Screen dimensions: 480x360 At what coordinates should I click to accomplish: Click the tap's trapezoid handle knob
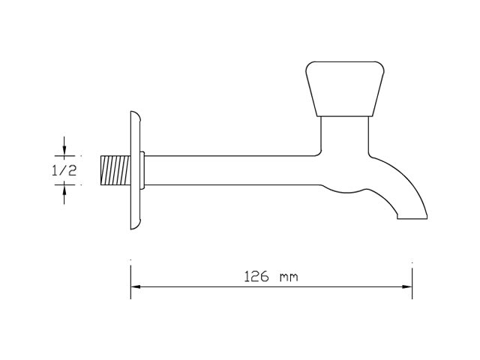point(345,88)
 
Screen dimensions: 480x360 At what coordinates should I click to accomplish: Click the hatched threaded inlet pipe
point(115,170)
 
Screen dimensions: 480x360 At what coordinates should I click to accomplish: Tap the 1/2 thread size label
point(64,170)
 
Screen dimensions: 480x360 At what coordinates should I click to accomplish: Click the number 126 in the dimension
point(256,277)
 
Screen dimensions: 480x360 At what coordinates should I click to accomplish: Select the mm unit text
point(289,277)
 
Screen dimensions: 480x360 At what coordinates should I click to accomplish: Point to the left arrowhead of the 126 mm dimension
point(136,286)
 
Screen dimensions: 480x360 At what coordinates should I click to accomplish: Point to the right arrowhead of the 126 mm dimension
point(407,286)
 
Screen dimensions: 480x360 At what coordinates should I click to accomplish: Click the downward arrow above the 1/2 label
point(64,145)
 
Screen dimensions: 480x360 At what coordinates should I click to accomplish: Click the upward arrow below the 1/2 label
point(64,195)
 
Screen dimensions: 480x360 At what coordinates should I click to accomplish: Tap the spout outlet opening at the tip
point(412,218)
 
